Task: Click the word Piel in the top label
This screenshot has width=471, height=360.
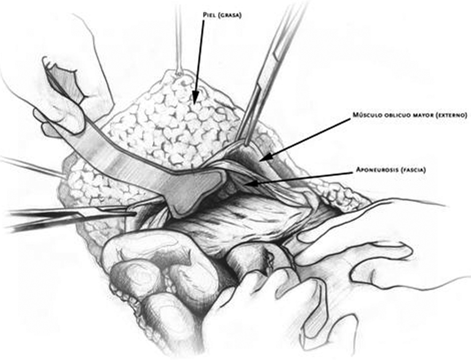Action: [x=210, y=15]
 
